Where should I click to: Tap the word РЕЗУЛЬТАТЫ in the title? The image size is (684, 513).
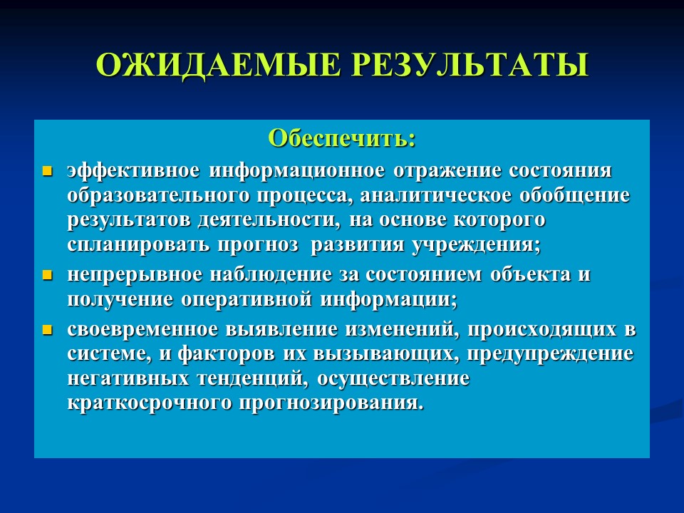470,65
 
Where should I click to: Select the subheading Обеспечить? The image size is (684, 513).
341,138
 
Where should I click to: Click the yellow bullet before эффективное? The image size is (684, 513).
48,172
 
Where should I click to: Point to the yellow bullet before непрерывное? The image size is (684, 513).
48,275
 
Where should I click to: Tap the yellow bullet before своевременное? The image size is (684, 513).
48,330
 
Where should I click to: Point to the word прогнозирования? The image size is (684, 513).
325,403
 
